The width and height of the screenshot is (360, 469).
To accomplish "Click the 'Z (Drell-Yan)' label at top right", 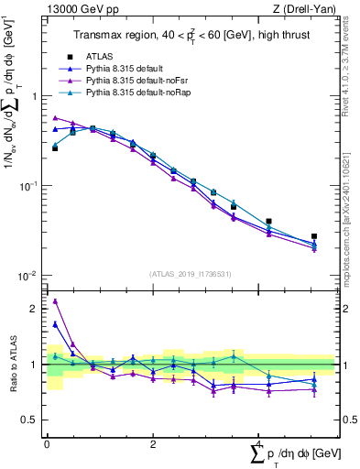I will coord(310,8).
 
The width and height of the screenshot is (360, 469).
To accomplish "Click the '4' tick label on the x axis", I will coord(258,444).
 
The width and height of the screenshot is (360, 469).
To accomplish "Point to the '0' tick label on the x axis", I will coord(47,444).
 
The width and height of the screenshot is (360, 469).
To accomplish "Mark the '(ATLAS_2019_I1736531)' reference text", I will coord(191,273).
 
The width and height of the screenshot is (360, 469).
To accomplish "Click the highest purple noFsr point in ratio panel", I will coord(55,301).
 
